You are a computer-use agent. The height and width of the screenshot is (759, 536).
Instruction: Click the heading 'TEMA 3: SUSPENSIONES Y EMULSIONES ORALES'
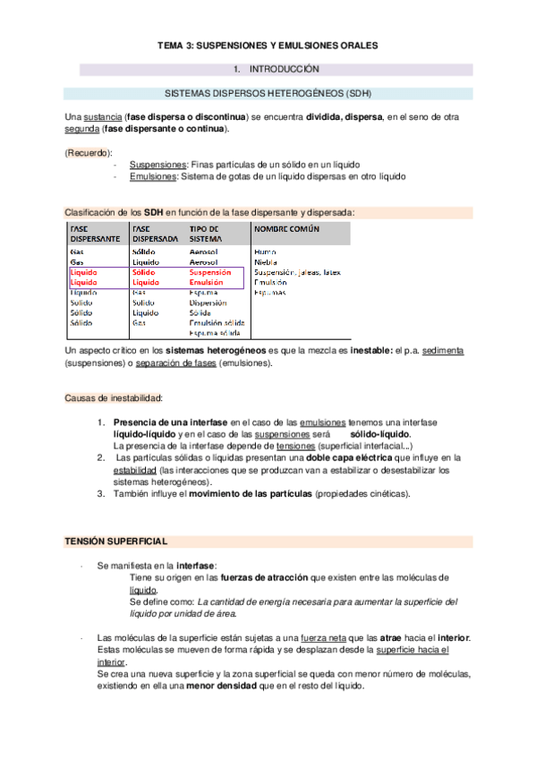coord(268,44)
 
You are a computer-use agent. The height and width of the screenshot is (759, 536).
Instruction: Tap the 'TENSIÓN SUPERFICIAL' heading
coord(115,542)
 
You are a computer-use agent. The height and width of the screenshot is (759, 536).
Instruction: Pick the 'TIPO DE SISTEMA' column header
coord(206,235)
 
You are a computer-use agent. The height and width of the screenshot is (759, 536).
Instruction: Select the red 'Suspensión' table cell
coord(211,271)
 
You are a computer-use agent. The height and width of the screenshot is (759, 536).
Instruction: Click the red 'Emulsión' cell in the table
coord(207,282)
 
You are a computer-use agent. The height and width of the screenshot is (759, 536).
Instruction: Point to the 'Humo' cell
coord(265,252)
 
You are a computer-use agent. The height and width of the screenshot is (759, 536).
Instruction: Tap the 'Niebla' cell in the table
coord(267,261)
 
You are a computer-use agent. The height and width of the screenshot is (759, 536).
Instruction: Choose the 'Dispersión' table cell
coord(208,303)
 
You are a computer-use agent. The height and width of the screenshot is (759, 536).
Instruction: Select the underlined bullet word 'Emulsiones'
coord(150,176)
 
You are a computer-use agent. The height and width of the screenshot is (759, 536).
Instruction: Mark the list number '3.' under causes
coord(102,493)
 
